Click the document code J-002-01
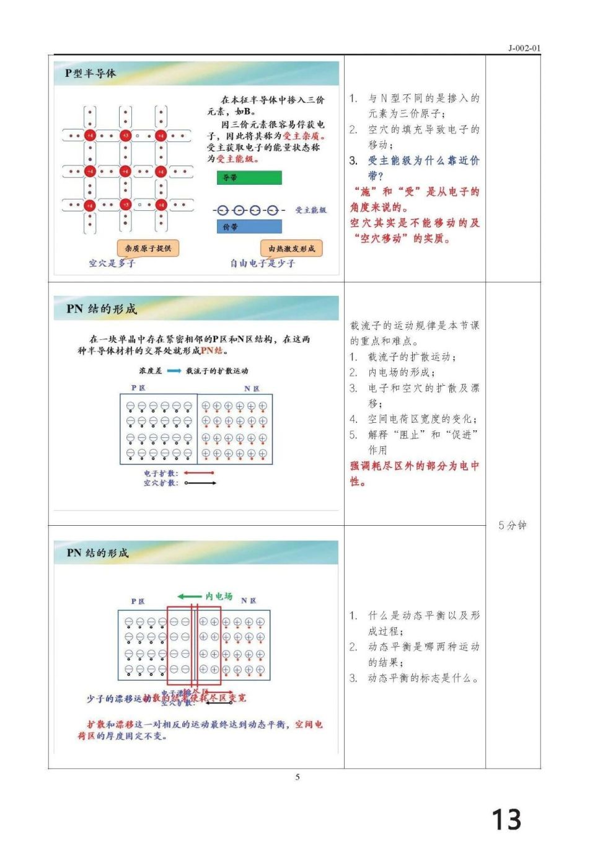524,48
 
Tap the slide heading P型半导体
90,73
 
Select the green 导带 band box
249,178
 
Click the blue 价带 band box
249,227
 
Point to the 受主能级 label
311,210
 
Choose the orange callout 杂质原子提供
148,248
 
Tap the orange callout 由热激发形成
291,249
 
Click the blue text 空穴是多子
112,263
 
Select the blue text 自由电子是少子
263,263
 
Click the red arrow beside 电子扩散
199,473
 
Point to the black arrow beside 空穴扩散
200,483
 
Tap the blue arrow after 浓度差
174,371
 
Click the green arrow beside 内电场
190,596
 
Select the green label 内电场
219,596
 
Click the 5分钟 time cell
512,525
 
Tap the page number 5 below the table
297,777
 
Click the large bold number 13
506,819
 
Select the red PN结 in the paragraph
212,351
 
